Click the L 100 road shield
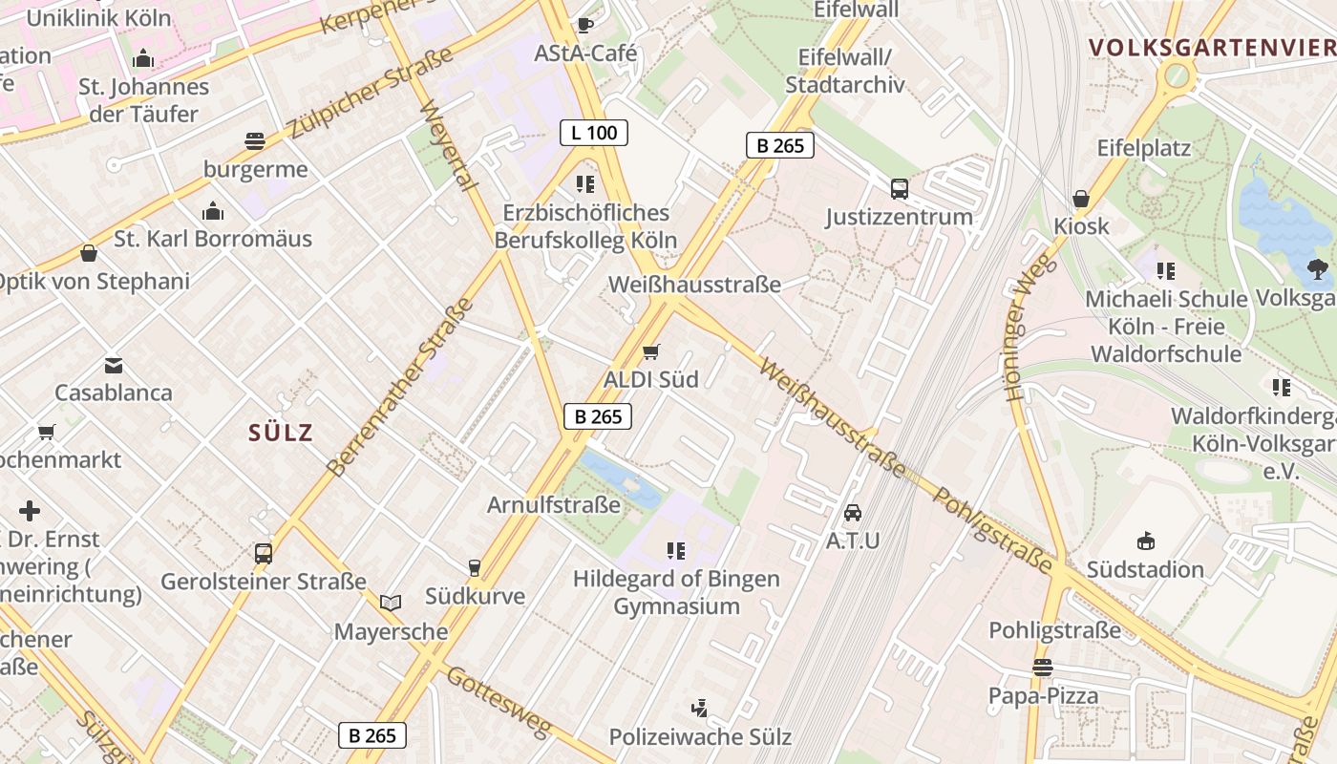click(x=593, y=133)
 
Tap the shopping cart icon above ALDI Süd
click(x=651, y=352)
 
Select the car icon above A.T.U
click(x=853, y=513)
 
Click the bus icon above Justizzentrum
click(x=899, y=189)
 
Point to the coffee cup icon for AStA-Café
click(x=585, y=25)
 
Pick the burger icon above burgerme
click(x=255, y=142)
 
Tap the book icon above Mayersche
click(x=390, y=603)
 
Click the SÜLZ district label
click(x=281, y=433)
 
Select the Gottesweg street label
click(x=499, y=702)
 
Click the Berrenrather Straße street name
click(x=401, y=388)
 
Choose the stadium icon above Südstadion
click(x=1146, y=541)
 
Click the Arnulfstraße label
click(x=554, y=504)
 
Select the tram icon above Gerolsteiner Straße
click(x=263, y=553)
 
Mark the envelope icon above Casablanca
click(x=114, y=365)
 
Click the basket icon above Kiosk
click(x=1081, y=199)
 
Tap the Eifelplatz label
click(x=1143, y=148)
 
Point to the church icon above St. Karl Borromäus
click(x=213, y=210)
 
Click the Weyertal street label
click(x=447, y=145)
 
